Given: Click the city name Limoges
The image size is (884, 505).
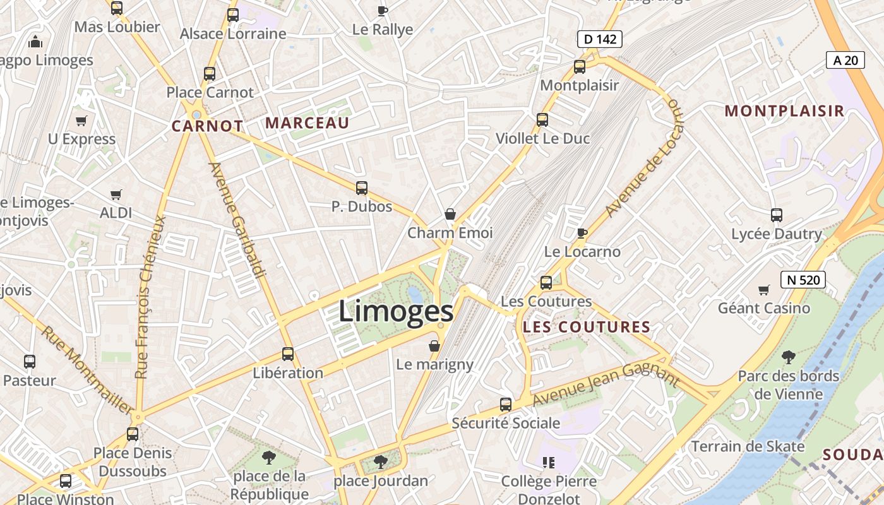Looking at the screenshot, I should point(396,311).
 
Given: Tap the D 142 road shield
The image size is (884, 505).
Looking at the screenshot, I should point(599,39).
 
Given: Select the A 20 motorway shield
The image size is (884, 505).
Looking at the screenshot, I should point(845,60).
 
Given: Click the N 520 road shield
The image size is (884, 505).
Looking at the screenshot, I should point(803,279).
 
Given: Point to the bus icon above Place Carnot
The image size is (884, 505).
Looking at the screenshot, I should point(210,74).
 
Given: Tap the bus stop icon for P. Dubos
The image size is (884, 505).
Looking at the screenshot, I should point(361,187).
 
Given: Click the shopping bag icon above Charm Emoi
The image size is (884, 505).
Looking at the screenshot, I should point(450,214).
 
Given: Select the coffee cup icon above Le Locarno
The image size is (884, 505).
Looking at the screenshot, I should point(582,233).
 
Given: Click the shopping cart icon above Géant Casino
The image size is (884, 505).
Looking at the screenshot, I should point(764,290).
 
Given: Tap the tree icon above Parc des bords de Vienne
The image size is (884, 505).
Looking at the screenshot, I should point(788,357).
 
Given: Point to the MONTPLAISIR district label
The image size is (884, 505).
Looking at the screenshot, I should point(784,111).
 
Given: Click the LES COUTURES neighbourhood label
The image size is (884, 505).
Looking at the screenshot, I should point(587,327).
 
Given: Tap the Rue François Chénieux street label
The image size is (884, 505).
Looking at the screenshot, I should point(150,297).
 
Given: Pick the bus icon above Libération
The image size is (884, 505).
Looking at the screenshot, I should point(288,354).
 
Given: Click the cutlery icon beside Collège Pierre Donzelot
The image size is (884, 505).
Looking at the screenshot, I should point(549,463).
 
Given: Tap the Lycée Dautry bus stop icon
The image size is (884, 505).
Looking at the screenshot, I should point(777,215).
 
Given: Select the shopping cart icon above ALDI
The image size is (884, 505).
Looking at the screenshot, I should point(116,194).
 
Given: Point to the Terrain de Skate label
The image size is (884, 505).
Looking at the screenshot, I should point(748,446).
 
